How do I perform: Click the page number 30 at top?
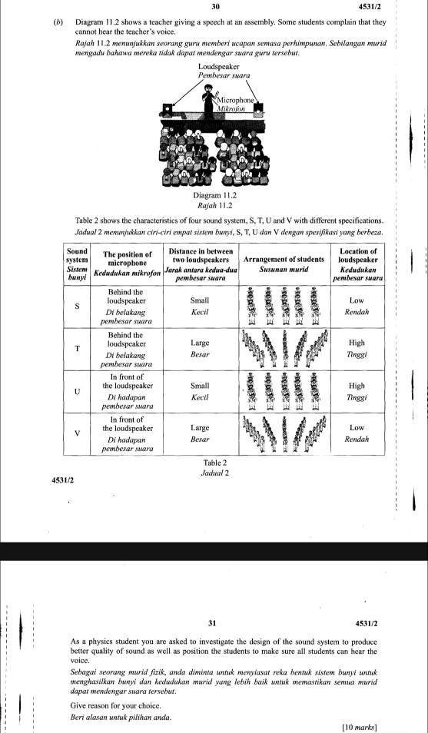coord(214,7)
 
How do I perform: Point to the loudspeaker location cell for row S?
coord(357,306)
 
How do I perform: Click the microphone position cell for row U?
coord(126,390)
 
